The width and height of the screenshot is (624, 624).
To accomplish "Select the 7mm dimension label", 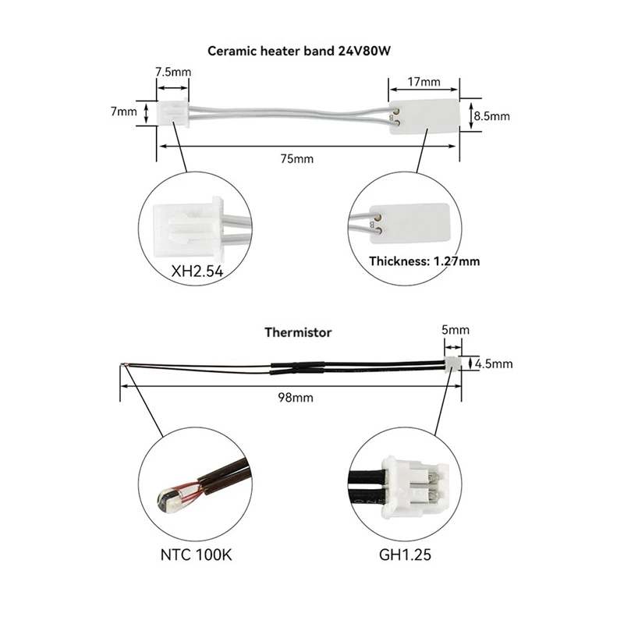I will point(122,112).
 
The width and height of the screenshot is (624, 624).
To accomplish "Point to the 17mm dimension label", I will point(424,80).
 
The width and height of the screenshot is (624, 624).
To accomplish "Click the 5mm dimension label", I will point(454,330).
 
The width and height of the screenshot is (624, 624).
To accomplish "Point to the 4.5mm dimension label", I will point(493,363).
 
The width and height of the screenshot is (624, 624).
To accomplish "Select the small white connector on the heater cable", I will point(172,112).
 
